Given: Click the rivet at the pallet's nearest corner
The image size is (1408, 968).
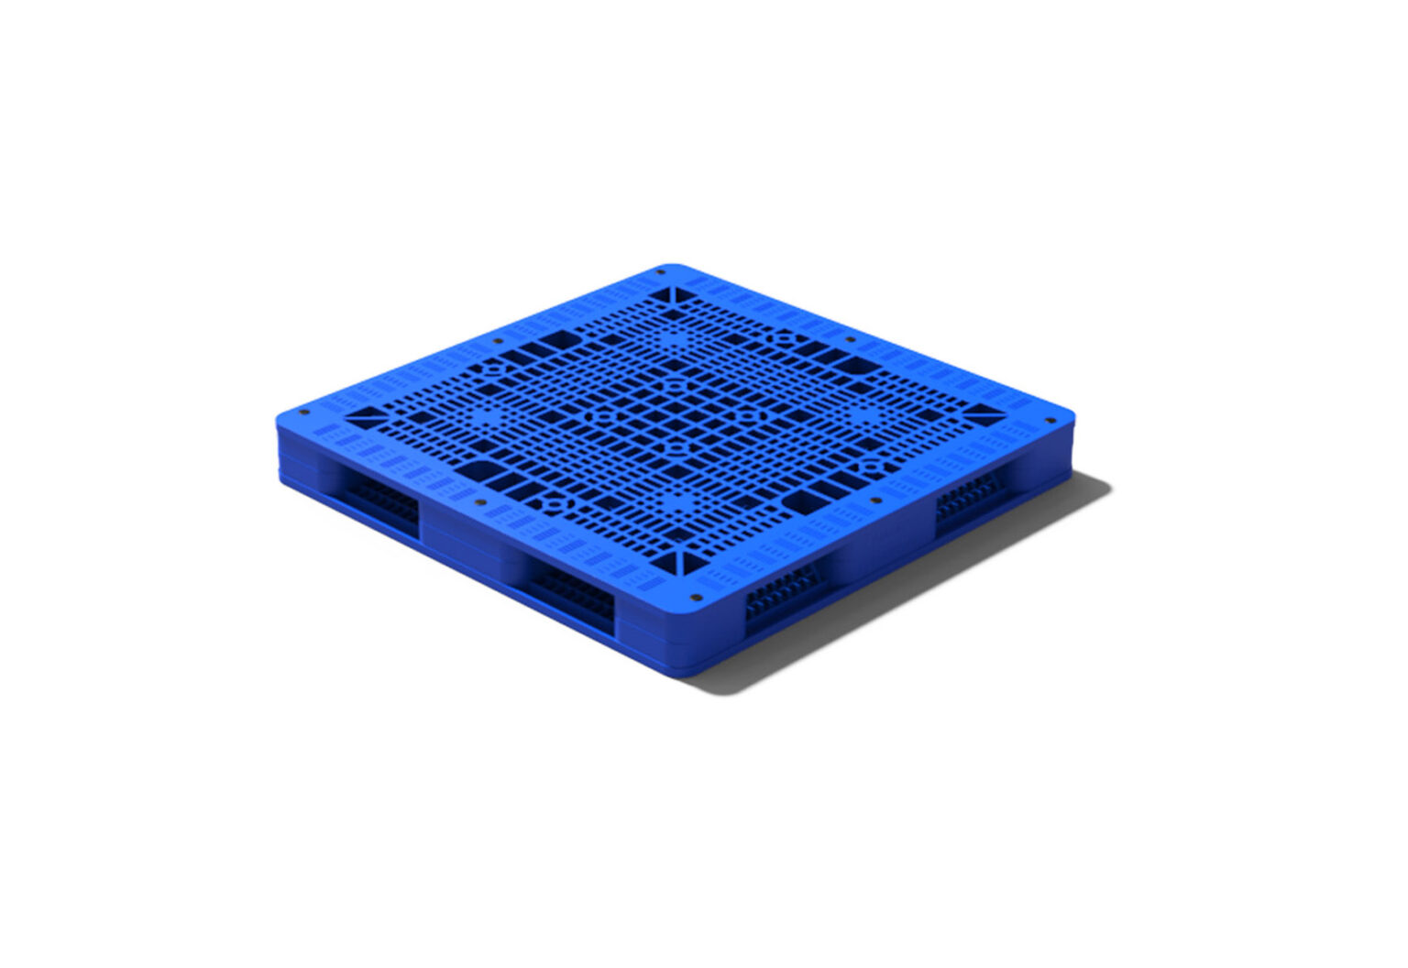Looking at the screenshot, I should [x=695, y=597].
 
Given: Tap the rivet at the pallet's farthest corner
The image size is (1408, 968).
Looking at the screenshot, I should [x=662, y=272].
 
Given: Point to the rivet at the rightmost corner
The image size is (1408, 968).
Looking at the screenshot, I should [x=1050, y=421].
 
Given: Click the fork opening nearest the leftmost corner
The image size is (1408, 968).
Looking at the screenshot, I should [x=380, y=500].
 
